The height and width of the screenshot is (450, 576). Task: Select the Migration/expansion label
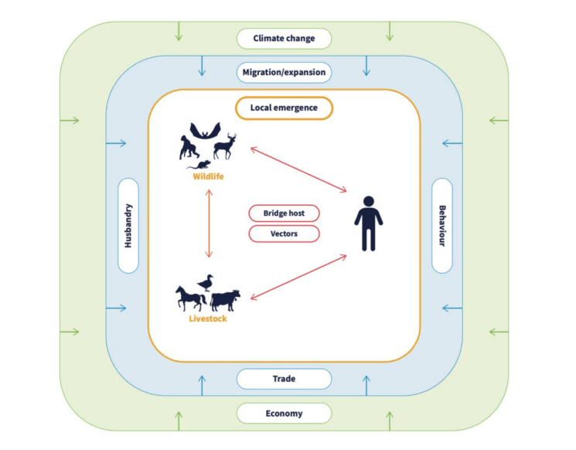[284, 73]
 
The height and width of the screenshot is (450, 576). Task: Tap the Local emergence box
[284, 108]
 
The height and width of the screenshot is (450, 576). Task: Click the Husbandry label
[128, 225]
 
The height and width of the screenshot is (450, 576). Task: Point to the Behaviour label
[442, 225]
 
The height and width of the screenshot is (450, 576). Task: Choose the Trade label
[284, 379]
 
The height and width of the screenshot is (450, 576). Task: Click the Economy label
[284, 414]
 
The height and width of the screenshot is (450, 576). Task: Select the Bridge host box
[284, 213]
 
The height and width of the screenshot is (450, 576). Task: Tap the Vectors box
[284, 233]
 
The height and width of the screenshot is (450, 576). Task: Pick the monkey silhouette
[186, 148]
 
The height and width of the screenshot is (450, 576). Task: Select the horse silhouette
[190, 298]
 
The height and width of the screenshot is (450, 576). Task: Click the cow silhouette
[225, 300]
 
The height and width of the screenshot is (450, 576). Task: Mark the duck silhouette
[206, 283]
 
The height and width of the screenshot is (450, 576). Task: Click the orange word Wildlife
[208, 177]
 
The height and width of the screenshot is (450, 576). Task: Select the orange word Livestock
[208, 318]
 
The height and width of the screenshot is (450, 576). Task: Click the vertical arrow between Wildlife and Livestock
[208, 224]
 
